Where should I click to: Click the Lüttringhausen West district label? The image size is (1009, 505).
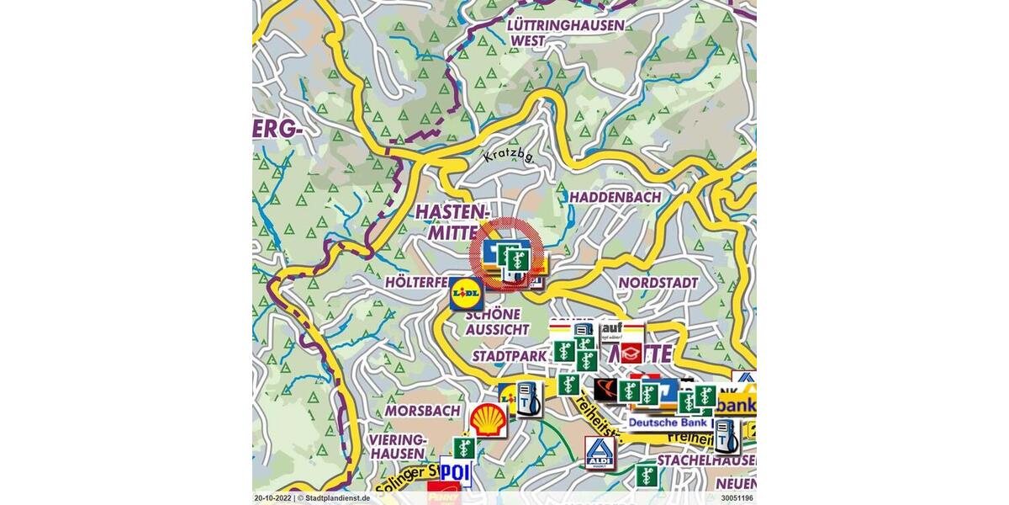click(566, 32)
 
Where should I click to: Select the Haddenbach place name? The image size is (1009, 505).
click(615, 197)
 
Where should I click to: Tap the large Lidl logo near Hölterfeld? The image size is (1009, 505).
click(466, 293)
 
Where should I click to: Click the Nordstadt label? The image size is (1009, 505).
click(659, 283)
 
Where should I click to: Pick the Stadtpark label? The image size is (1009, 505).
click(509, 356)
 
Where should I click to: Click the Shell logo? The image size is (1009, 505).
click(488, 420)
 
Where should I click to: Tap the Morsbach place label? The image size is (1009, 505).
click(422, 411)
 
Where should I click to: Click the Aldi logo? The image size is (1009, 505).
click(598, 453)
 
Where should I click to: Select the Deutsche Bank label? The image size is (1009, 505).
click(668, 423)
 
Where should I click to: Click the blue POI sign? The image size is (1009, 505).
click(455, 472)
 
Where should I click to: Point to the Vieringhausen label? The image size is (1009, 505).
click(398, 447)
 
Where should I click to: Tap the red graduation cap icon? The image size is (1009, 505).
click(631, 353)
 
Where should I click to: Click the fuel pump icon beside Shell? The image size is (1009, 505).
click(528, 399)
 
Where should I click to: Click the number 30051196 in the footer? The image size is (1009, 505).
click(737, 498)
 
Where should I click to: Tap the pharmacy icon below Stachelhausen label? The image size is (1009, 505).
click(646, 476)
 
